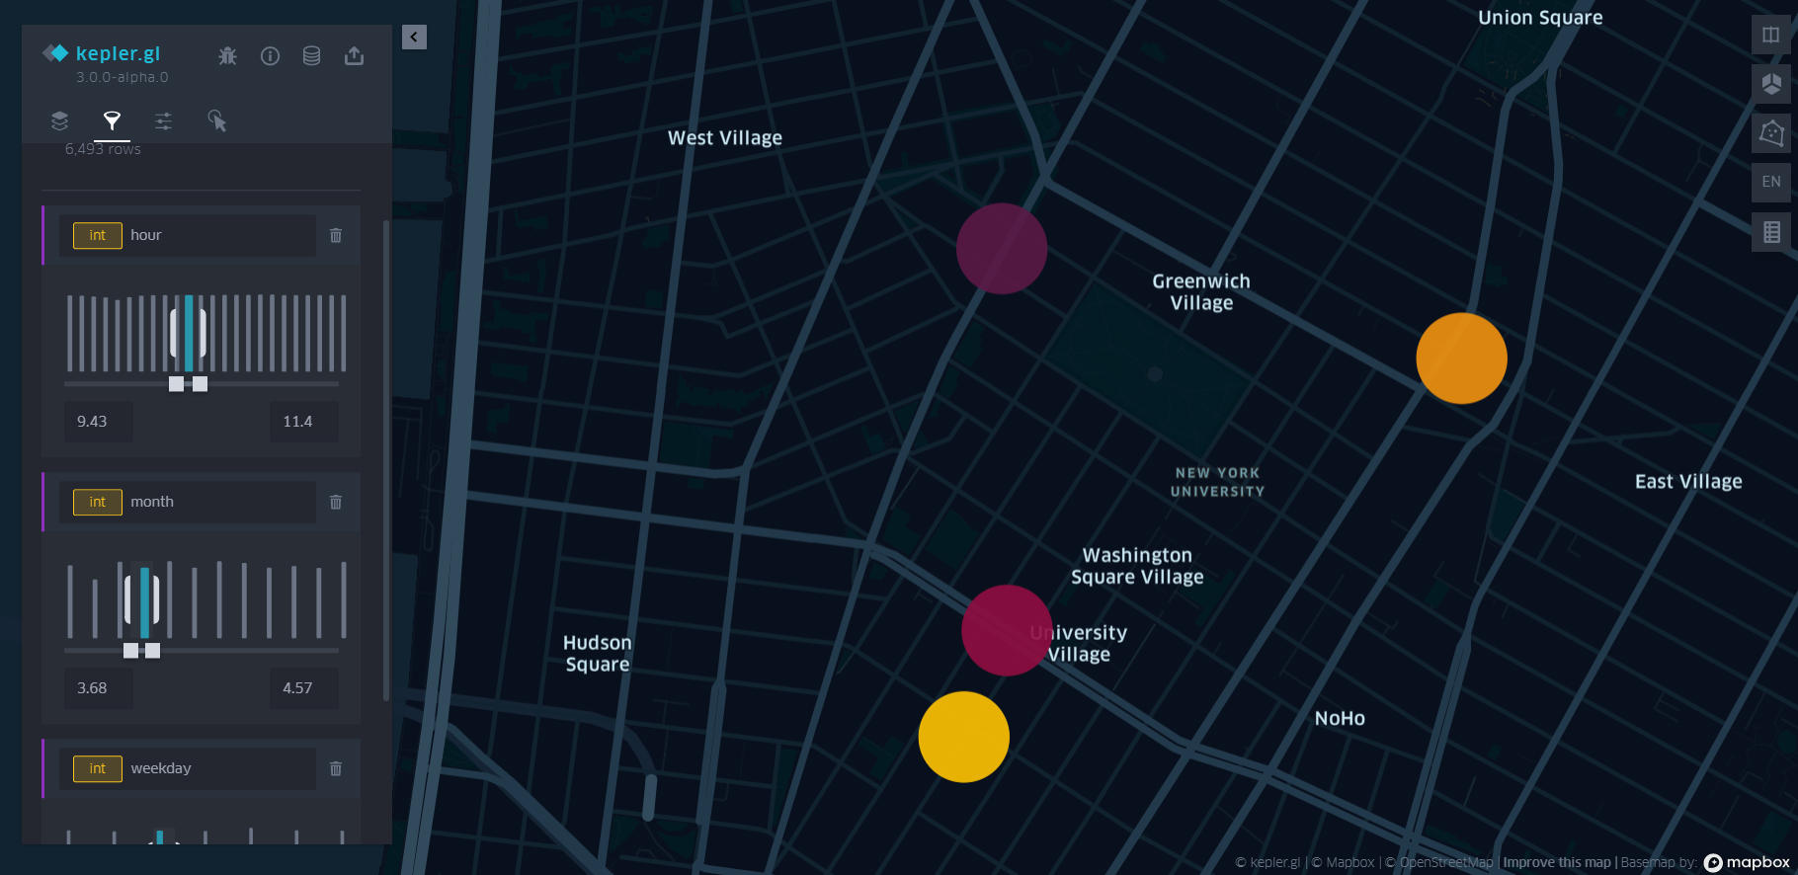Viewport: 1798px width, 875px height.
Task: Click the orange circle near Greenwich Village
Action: coord(1461,358)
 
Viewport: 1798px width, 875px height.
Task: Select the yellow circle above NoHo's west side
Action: coord(963,737)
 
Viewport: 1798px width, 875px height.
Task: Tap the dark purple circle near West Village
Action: coord(1001,249)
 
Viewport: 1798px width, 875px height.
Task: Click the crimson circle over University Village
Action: coord(1007,630)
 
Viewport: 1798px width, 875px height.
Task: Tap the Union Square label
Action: coord(1539,18)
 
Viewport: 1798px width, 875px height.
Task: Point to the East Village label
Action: coord(1687,482)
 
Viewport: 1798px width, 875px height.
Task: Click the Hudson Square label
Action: coord(597,654)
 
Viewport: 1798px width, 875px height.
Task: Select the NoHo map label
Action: coord(1339,719)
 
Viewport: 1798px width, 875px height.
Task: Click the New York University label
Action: coord(1217,482)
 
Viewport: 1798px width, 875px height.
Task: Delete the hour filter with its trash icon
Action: coord(336,236)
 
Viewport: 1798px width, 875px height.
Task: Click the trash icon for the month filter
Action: coord(336,503)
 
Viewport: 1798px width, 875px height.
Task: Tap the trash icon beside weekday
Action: coord(336,769)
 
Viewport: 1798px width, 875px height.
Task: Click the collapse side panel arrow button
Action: coord(414,38)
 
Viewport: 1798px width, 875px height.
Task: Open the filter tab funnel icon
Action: coord(112,121)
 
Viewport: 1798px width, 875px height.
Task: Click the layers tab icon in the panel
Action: coord(59,121)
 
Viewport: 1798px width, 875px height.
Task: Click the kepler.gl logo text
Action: coord(118,53)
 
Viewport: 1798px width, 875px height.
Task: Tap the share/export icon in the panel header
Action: coord(354,56)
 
